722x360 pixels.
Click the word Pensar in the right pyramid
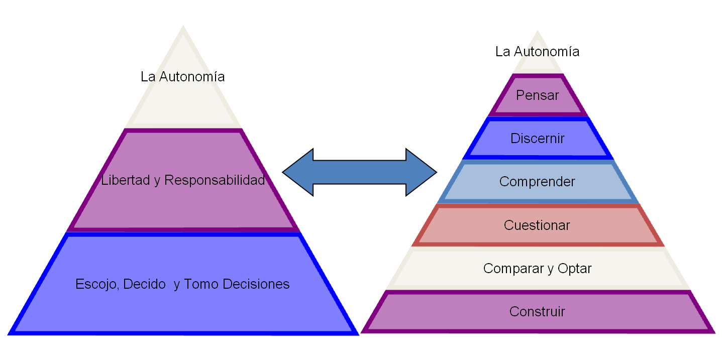(537, 95)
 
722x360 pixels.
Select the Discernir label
(537, 139)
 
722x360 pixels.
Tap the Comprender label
(537, 182)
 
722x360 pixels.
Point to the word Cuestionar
(537, 225)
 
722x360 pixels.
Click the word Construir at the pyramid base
(537, 312)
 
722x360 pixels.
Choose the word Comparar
(511, 269)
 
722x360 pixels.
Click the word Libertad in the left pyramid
(126, 180)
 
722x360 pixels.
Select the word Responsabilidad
(215, 180)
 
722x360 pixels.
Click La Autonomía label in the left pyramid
(182, 77)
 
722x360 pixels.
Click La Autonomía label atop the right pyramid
(537, 52)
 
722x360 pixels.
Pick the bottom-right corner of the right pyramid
(714, 333)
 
